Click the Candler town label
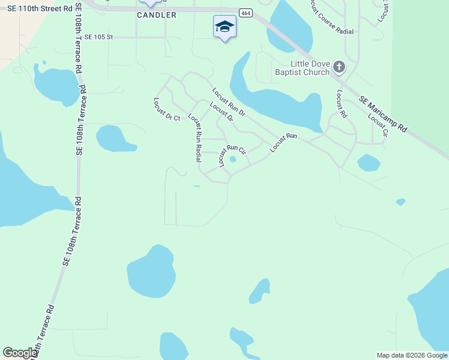point(157,15)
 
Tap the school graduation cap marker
point(224,27)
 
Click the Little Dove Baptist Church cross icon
point(339,67)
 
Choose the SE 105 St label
point(98,37)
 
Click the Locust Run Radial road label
point(195,137)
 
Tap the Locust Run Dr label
point(229,102)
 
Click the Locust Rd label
point(342,103)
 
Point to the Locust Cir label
point(378,125)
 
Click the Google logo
point(20,353)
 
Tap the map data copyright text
point(412,355)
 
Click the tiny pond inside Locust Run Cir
point(233,160)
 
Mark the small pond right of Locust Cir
point(369,163)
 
